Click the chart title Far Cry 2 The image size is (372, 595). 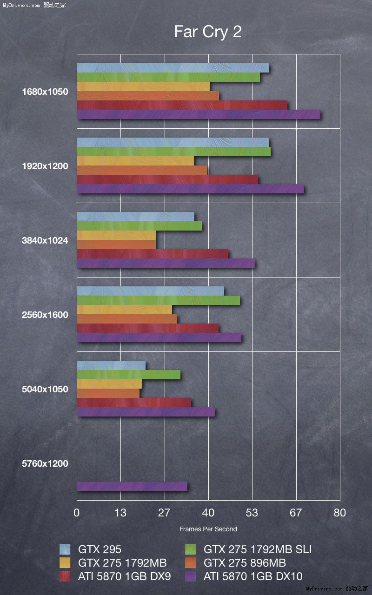[208, 32]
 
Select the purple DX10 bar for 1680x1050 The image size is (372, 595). [199, 114]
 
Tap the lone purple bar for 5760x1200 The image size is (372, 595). [132, 486]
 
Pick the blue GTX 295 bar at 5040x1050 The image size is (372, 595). [111, 365]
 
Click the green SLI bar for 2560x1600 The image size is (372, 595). [158, 300]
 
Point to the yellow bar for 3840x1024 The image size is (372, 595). [116, 235]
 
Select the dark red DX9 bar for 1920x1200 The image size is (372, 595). [167, 179]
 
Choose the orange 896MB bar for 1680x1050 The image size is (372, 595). [148, 96]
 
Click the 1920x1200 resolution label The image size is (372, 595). [45, 166]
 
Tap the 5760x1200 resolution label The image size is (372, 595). [45, 463]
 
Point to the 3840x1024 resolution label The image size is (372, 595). [45, 240]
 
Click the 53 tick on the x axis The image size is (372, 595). [252, 513]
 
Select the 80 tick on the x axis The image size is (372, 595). [339, 513]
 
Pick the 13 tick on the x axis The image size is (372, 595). [120, 513]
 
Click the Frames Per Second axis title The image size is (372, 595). [208, 529]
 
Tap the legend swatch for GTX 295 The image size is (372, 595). [65, 549]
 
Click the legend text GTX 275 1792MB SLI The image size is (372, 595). [258, 549]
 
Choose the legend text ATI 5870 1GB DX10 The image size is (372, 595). [253, 576]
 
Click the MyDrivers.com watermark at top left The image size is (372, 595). [21, 5]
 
